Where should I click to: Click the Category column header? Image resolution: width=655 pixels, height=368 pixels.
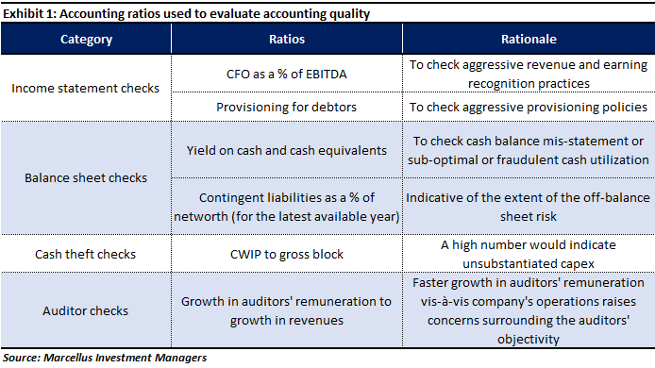click(86, 40)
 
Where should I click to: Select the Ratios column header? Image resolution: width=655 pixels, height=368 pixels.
click(287, 40)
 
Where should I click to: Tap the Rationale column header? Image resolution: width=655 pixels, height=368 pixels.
click(528, 40)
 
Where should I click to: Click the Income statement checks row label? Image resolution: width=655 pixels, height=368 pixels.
click(86, 88)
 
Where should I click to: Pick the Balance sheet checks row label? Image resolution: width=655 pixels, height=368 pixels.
click(86, 176)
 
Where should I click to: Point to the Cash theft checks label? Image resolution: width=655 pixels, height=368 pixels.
click(86, 254)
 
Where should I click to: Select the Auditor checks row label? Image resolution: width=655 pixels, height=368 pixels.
click(86, 309)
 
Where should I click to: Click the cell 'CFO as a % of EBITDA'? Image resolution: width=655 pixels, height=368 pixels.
click(287, 72)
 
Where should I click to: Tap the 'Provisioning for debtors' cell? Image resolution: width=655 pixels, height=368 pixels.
click(287, 107)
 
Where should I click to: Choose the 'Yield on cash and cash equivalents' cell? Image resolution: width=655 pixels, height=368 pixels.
click(287, 150)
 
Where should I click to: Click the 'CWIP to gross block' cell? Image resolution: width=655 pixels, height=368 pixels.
click(287, 254)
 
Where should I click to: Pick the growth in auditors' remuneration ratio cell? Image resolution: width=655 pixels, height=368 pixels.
click(287, 309)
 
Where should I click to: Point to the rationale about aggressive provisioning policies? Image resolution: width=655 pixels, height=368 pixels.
click(528, 107)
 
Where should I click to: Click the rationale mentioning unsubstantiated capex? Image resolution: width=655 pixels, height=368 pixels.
click(528, 254)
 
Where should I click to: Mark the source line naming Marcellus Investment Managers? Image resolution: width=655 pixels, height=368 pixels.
click(104, 358)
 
